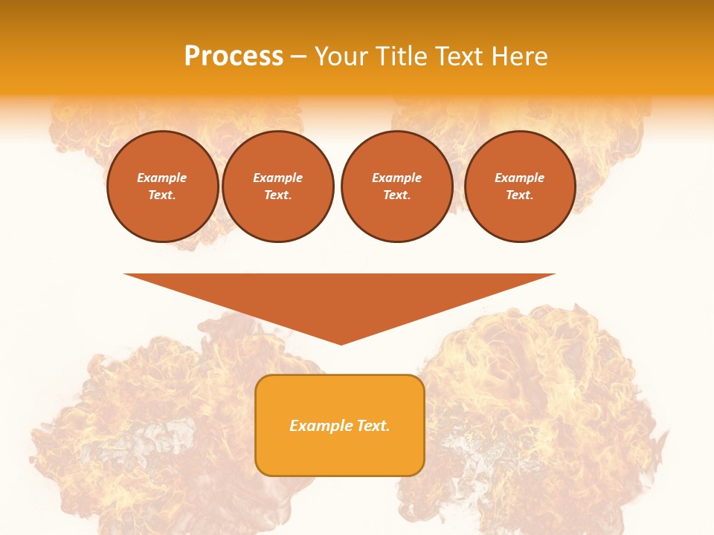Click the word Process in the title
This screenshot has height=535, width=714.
(x=234, y=56)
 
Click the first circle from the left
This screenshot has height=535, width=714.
(x=163, y=187)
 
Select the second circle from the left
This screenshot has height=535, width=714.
(x=278, y=187)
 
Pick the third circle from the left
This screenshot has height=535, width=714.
(x=397, y=187)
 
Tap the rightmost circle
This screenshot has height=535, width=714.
(x=520, y=187)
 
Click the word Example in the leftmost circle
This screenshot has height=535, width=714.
(x=162, y=178)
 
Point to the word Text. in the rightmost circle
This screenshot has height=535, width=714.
(x=520, y=195)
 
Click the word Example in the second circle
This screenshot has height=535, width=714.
(x=278, y=178)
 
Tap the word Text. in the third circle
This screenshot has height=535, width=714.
(x=397, y=195)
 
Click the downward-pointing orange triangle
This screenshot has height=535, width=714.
(x=340, y=297)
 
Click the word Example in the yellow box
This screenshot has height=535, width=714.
(x=318, y=426)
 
